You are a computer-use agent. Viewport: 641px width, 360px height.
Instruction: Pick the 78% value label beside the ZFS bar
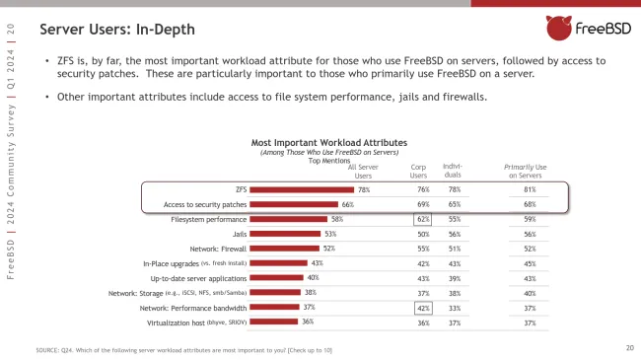364,189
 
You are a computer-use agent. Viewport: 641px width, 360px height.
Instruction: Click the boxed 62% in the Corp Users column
423,219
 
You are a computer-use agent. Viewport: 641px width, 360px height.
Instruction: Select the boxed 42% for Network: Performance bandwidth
423,307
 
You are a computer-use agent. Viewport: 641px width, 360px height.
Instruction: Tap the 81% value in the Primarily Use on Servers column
530,189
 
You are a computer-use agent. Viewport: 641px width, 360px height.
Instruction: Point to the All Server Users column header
363,171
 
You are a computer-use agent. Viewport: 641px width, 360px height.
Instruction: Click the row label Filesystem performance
209,219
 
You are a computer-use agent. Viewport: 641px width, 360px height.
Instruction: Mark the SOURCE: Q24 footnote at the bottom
182,350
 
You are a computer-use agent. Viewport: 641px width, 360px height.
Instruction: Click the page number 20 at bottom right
629,347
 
